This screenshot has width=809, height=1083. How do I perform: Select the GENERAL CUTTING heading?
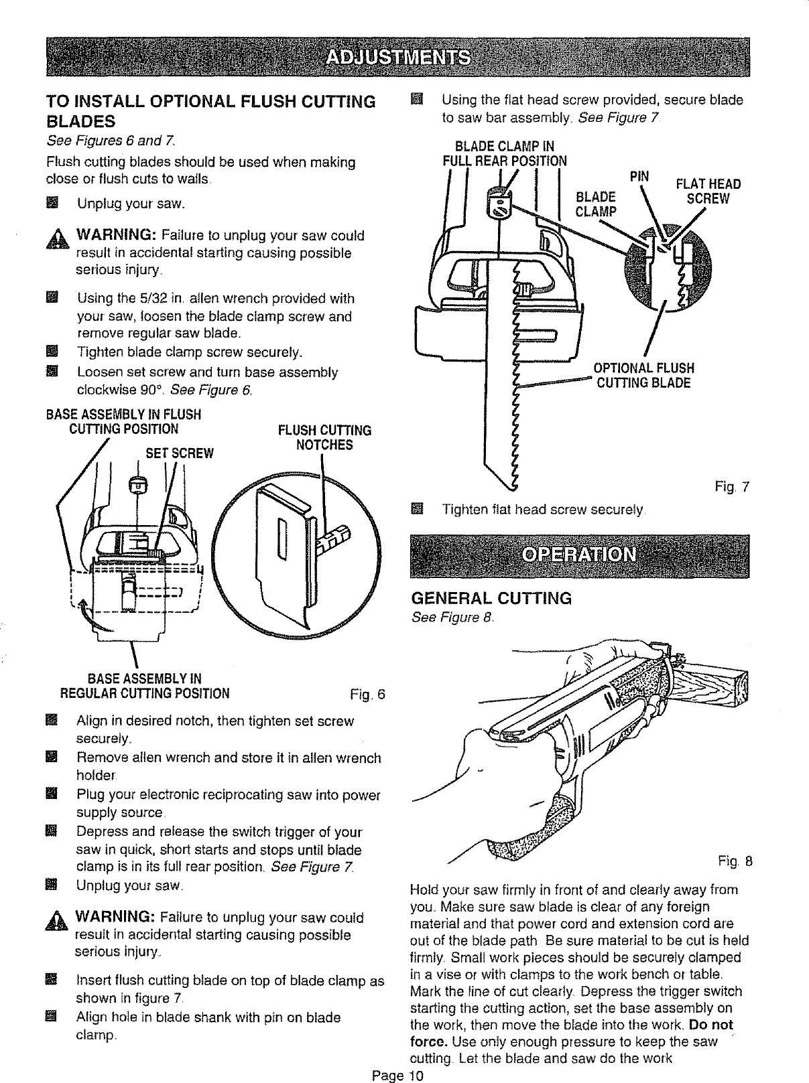(491, 598)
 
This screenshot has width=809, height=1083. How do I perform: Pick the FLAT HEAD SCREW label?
(707, 192)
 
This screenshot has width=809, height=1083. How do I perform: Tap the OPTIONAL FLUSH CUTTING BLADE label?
(643, 376)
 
